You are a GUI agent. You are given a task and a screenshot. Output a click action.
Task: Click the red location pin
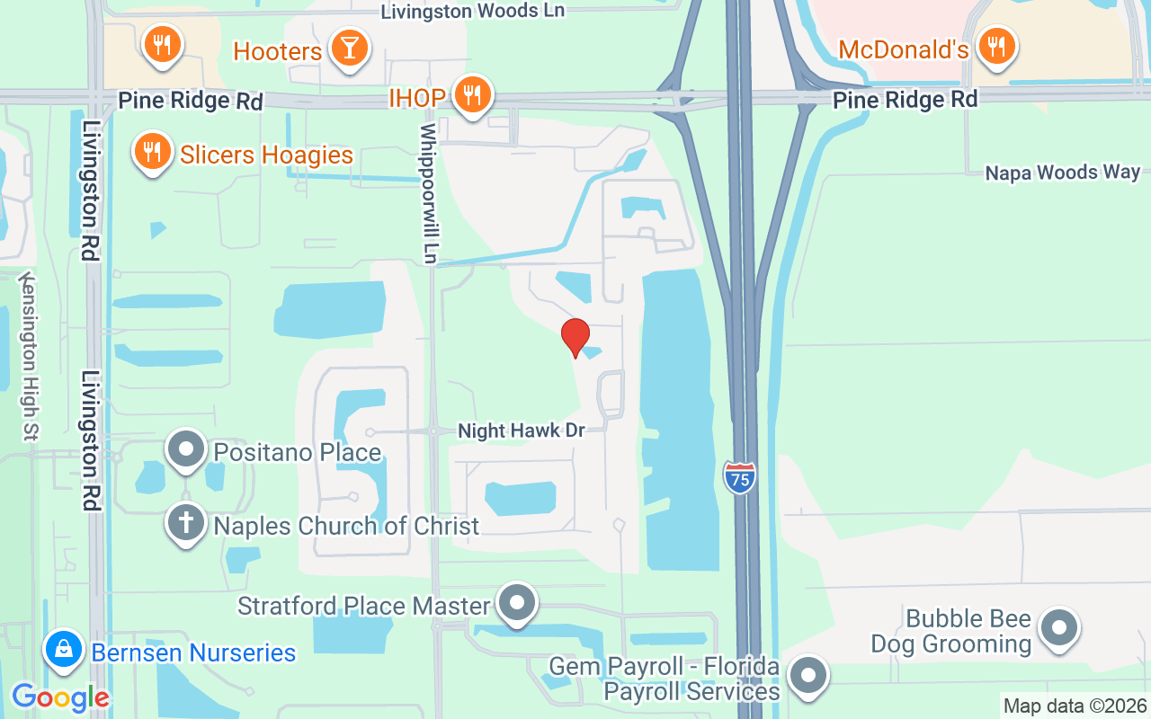pyautogui.click(x=575, y=337)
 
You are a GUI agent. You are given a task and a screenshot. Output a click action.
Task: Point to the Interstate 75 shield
pyautogui.click(x=739, y=477)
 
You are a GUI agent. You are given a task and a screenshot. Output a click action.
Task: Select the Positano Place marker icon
pyautogui.click(x=186, y=449)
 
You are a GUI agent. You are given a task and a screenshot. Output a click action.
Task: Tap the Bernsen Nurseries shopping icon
pyautogui.click(x=65, y=650)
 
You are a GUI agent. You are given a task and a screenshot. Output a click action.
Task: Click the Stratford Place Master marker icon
pyautogui.click(x=517, y=603)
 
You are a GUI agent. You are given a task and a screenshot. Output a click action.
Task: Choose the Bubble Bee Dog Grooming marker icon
pyautogui.click(x=1059, y=627)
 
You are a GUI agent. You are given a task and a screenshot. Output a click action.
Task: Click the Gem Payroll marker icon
pyautogui.click(x=807, y=676)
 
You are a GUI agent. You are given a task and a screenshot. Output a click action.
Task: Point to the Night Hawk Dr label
pyautogui.click(x=522, y=431)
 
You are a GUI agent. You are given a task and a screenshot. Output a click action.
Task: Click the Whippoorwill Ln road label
pyautogui.click(x=430, y=194)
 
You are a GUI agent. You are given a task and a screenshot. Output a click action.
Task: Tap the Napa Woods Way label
pyautogui.click(x=1062, y=172)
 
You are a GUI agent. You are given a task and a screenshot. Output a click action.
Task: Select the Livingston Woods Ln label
pyautogui.click(x=473, y=11)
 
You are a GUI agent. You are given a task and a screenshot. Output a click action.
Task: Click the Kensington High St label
pyautogui.click(x=30, y=356)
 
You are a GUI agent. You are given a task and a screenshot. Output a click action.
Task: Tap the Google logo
pyautogui.click(x=59, y=697)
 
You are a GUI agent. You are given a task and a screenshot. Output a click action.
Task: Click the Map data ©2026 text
pyautogui.click(x=1075, y=706)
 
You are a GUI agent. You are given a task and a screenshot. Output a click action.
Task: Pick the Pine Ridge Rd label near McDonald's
pyautogui.click(x=905, y=99)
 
